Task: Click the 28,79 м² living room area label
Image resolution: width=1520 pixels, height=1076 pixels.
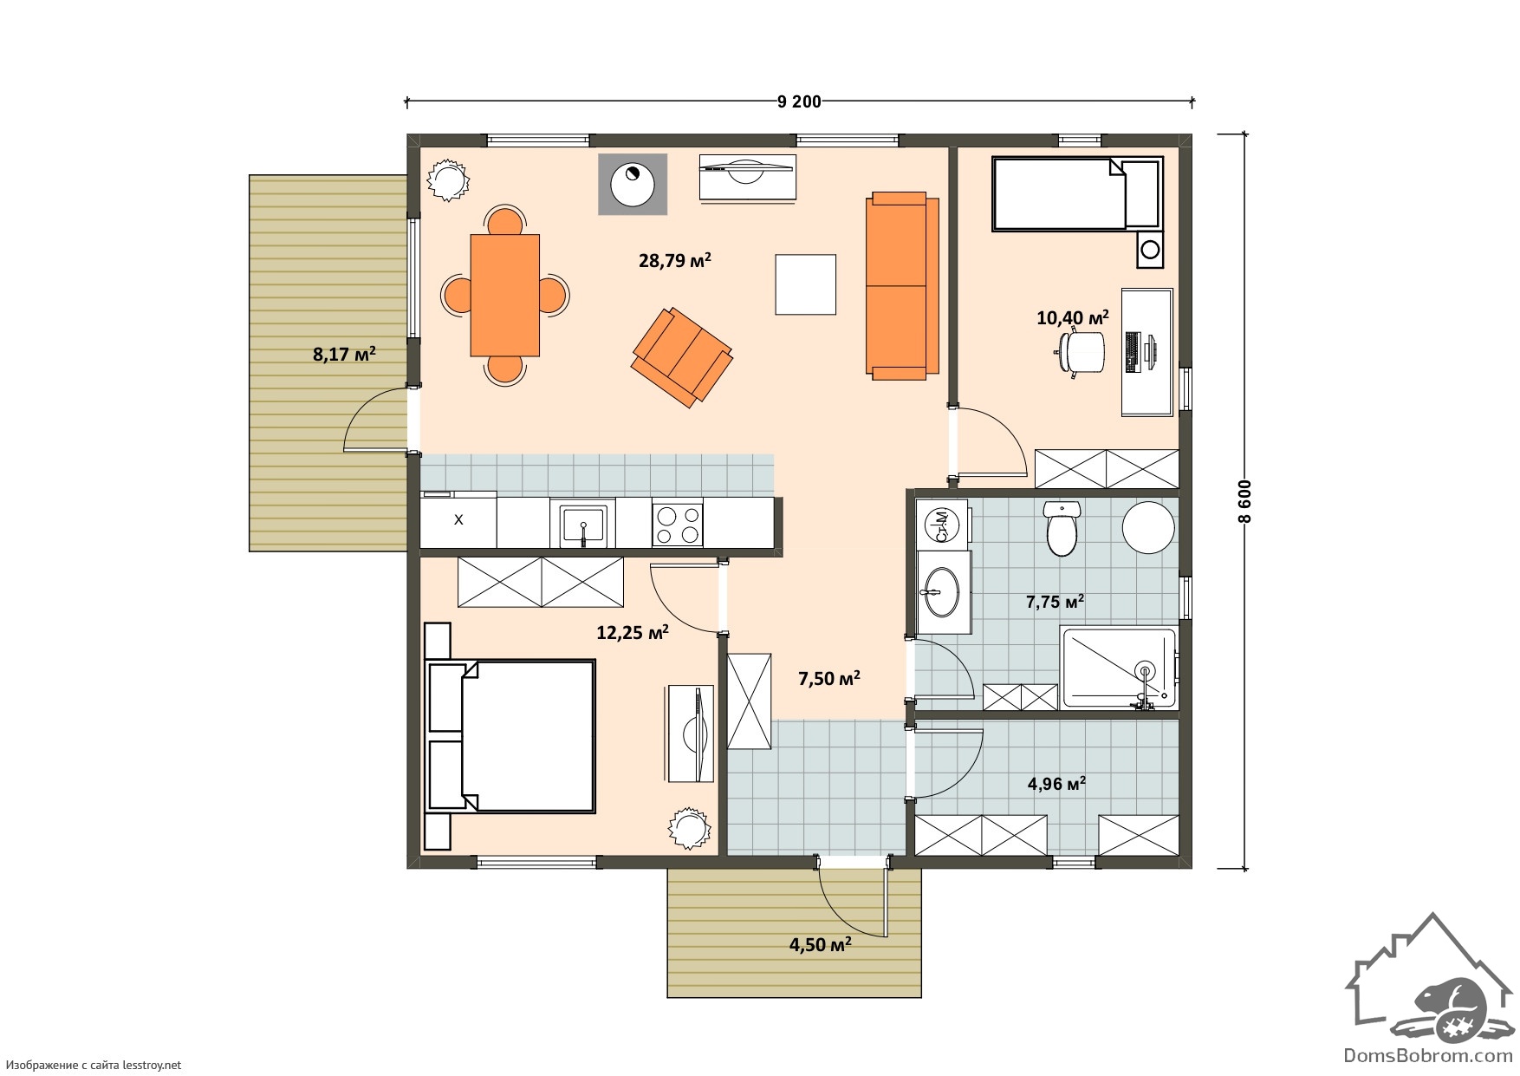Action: [675, 259]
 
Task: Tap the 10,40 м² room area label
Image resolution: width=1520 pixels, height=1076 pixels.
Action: [1073, 317]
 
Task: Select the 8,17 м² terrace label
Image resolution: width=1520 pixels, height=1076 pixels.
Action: [344, 354]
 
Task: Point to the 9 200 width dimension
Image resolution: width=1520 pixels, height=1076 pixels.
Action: [799, 102]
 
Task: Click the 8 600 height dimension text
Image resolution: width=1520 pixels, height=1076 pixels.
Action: [1245, 501]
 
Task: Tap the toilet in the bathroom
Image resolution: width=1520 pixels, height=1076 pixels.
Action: [1061, 527]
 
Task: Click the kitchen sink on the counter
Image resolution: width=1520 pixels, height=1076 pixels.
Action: [582, 524]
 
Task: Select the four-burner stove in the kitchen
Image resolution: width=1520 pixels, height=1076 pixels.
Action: [678, 524]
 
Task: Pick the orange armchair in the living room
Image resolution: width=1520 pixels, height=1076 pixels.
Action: [683, 356]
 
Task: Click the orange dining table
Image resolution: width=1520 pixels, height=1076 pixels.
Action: [505, 295]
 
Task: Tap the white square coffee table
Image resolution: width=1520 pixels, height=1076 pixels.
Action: [806, 284]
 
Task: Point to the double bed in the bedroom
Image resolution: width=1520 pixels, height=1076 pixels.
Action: [510, 736]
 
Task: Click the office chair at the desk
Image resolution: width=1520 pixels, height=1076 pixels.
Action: [1080, 354]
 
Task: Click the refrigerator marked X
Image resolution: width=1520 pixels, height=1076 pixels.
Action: [458, 520]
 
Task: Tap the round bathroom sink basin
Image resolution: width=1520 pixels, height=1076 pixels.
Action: [939, 591]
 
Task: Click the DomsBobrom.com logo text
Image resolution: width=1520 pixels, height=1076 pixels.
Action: [1417, 1055]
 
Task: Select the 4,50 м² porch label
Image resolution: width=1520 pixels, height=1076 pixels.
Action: [820, 944]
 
